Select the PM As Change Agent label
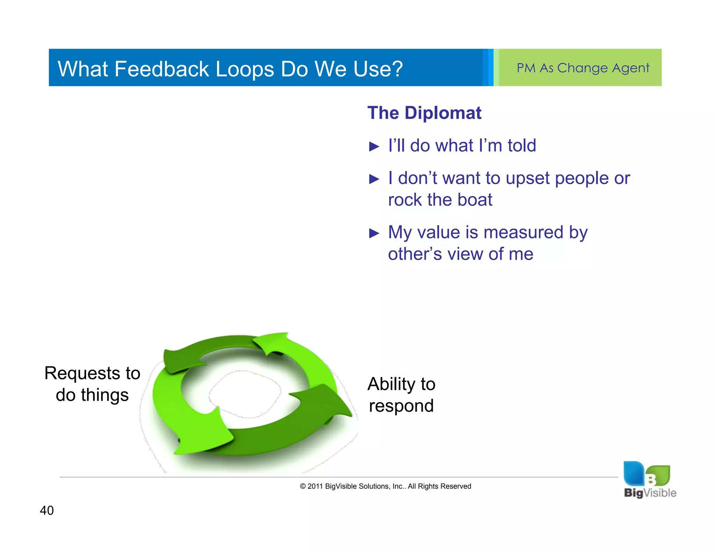[x=583, y=68]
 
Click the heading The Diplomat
[x=424, y=113]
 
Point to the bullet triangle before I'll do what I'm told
[x=374, y=146]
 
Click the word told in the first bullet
[x=522, y=145]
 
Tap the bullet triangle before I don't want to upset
[x=374, y=179]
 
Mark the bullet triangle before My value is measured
[x=374, y=233]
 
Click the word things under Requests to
[x=105, y=395]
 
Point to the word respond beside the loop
[x=401, y=406]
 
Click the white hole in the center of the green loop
[x=245, y=393]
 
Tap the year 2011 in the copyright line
[x=315, y=486]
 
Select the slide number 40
[x=47, y=510]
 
